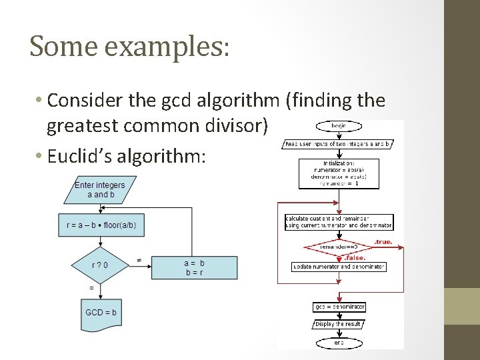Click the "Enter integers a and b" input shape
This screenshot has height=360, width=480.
(x=99, y=189)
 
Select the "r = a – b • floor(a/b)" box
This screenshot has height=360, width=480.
(x=101, y=225)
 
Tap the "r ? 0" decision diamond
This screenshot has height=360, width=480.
(x=100, y=265)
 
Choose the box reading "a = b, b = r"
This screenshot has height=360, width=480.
(x=194, y=267)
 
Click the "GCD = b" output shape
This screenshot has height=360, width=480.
(x=101, y=313)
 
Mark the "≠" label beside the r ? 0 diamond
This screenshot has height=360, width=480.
(x=139, y=260)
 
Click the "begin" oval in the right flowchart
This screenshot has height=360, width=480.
(x=339, y=126)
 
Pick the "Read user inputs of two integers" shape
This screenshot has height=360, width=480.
(x=339, y=143)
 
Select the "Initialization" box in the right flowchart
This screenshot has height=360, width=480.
(x=339, y=173)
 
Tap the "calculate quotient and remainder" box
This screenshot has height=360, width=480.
(x=339, y=222)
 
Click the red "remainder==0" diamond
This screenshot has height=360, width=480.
(x=339, y=247)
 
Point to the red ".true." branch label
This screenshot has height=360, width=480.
(x=383, y=241)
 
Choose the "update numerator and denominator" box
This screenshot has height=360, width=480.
(x=339, y=267)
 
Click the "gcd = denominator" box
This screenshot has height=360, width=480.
(x=339, y=307)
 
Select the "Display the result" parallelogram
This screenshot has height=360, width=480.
(x=339, y=324)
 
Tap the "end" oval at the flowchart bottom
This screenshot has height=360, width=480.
(x=339, y=342)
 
